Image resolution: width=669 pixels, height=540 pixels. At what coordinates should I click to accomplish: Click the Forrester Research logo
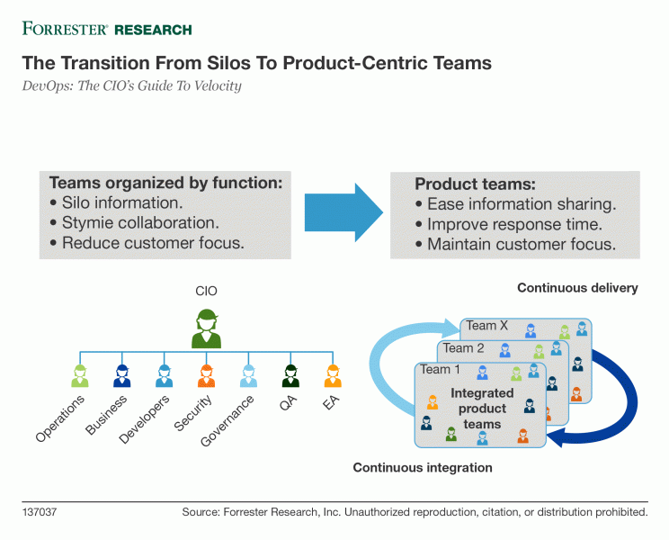coord(107,29)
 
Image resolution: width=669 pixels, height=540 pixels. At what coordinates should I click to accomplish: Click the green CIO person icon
coord(207,328)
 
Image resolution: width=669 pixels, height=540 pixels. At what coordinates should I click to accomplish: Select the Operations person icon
coord(80,375)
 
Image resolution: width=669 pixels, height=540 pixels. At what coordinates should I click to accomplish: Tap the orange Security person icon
coord(207,375)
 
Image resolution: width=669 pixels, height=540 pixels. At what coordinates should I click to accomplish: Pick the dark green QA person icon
coord(290,375)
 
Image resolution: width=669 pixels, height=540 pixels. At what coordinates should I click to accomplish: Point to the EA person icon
coord(333,375)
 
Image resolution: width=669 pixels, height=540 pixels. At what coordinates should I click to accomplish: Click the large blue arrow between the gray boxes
coord(343,212)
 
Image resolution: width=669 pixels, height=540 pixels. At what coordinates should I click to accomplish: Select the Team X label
coord(486,326)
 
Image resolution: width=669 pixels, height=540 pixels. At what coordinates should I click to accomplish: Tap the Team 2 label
coord(463,348)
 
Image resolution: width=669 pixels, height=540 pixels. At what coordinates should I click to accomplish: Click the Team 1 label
coord(441,369)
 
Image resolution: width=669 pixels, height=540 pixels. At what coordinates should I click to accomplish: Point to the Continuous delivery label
coord(577,288)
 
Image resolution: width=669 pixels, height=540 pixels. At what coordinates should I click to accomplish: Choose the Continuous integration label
coord(423,467)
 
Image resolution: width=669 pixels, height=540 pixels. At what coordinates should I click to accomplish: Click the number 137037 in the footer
coord(40,512)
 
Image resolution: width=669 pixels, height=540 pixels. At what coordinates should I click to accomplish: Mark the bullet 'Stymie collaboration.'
coord(134,223)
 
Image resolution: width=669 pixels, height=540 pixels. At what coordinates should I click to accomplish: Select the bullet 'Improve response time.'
coord(509,224)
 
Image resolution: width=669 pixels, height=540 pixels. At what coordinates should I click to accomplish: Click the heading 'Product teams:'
coord(475,184)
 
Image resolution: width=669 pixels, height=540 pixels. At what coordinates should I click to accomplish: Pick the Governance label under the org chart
coord(227,421)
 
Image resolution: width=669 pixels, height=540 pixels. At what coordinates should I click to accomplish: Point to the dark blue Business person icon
coord(122,375)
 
